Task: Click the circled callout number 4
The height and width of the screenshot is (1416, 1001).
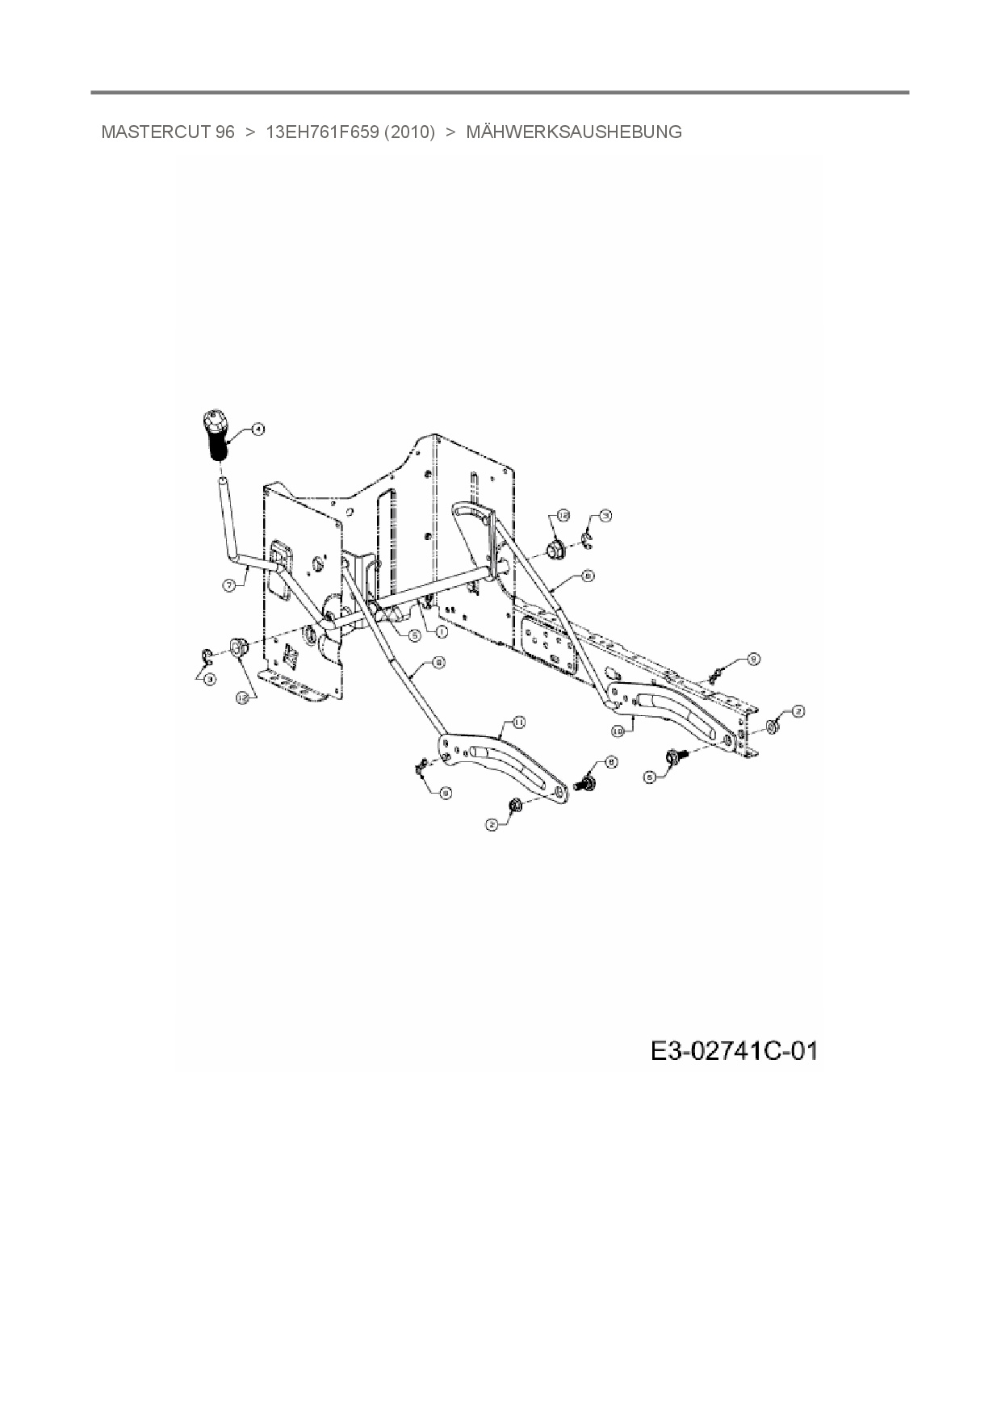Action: [258, 429]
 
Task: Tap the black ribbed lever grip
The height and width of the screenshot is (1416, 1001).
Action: [216, 437]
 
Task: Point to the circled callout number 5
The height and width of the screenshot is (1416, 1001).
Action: [413, 635]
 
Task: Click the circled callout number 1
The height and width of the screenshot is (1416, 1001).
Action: [442, 630]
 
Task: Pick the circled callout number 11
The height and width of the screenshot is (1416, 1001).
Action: [519, 720]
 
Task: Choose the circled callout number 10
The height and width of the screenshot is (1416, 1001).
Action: [618, 730]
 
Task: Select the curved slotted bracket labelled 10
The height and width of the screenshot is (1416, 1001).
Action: [678, 710]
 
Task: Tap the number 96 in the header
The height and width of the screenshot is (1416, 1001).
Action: [224, 132]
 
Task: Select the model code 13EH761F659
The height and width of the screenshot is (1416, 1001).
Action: [322, 132]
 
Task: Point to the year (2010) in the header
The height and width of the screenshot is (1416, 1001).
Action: [409, 132]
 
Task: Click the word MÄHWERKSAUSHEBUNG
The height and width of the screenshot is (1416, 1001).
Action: [574, 132]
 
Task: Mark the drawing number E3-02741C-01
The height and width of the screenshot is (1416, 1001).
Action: [733, 1051]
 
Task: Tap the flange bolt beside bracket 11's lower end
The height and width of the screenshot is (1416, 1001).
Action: [584, 781]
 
